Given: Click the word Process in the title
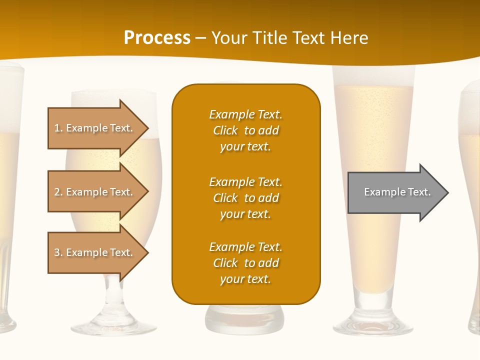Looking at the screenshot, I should coord(157,38).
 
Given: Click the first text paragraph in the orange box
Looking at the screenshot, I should coord(245,130).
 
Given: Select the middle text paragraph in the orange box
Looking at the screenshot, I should coord(245,198).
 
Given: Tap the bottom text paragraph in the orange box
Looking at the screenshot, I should coord(245,263).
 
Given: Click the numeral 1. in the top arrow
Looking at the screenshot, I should coord(58,128).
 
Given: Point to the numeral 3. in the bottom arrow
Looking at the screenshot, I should coord(58,252).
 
